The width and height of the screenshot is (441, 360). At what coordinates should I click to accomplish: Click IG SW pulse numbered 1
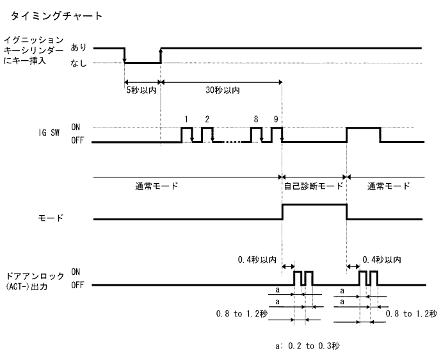[x=186, y=135]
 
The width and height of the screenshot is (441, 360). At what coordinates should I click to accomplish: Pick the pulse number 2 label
[x=207, y=119]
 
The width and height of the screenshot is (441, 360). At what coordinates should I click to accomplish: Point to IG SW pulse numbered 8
[x=256, y=135]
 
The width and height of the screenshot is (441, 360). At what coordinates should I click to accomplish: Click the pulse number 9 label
[x=275, y=119]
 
